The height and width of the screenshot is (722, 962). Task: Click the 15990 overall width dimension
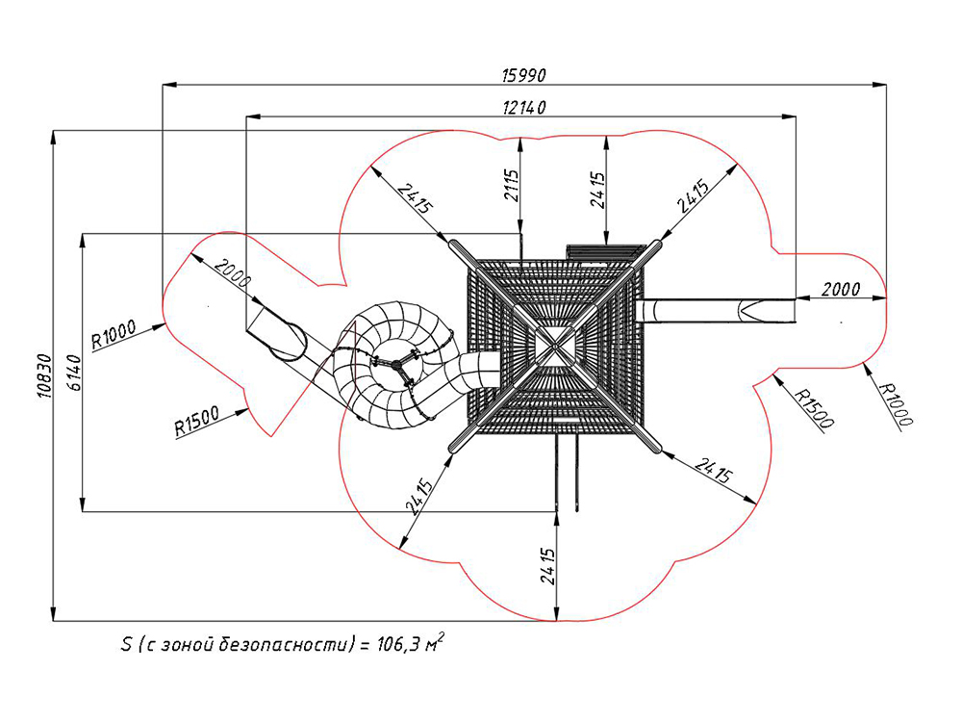pyautogui.click(x=523, y=75)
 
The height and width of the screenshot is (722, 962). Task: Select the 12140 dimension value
pyautogui.click(x=523, y=108)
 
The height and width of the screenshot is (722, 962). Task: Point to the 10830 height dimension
pyautogui.click(x=44, y=375)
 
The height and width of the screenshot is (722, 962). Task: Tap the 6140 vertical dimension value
pyautogui.click(x=74, y=372)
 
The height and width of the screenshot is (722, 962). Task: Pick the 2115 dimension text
pyautogui.click(x=512, y=185)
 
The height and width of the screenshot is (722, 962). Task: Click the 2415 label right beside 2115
pyautogui.click(x=597, y=190)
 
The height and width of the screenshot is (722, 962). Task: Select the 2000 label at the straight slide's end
pyautogui.click(x=841, y=289)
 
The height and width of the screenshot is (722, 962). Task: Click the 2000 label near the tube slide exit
pyautogui.click(x=233, y=274)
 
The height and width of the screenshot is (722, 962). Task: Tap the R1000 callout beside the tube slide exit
pyautogui.click(x=114, y=335)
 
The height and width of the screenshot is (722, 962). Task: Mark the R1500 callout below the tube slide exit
pyautogui.click(x=197, y=422)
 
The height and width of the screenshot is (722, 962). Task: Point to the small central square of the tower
pyautogui.click(x=556, y=345)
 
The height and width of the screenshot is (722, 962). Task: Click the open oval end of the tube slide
pyautogui.click(x=287, y=342)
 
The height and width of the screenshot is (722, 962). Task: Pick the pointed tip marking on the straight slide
pyautogui.click(x=750, y=310)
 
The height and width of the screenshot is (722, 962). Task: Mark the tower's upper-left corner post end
pyautogui.click(x=455, y=244)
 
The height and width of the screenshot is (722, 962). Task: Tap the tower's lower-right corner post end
pyautogui.click(x=656, y=448)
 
